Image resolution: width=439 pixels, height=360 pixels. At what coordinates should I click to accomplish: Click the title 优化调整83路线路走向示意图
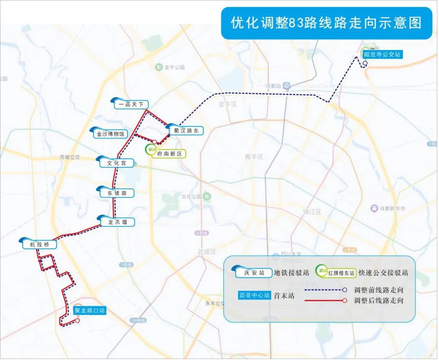[x=326, y=23]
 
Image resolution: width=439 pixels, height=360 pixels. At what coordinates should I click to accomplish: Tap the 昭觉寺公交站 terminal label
[x=382, y=54]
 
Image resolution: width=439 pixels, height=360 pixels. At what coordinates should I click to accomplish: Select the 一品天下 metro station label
[x=131, y=104]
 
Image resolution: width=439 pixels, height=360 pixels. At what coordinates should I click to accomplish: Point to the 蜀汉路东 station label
[x=186, y=131]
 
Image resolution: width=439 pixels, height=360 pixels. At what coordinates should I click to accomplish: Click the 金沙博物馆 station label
[x=111, y=134]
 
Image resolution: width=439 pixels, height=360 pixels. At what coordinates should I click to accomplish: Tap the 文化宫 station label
[x=117, y=163]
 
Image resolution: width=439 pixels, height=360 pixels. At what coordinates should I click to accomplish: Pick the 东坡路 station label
[x=117, y=193]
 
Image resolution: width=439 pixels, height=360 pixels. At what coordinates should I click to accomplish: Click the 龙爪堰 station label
[x=118, y=222]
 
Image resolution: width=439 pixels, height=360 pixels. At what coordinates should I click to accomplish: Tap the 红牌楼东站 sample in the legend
[x=341, y=273]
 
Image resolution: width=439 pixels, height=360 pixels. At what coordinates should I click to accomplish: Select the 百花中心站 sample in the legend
[x=254, y=295]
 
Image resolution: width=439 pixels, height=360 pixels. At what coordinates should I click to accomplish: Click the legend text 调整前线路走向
[x=379, y=290]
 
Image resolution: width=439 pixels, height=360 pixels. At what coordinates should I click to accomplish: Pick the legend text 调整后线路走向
[x=379, y=301]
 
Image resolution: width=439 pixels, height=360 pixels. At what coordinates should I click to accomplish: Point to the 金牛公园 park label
[x=175, y=67]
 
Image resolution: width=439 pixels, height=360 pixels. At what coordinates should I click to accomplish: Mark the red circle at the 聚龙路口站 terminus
[x=77, y=320]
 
